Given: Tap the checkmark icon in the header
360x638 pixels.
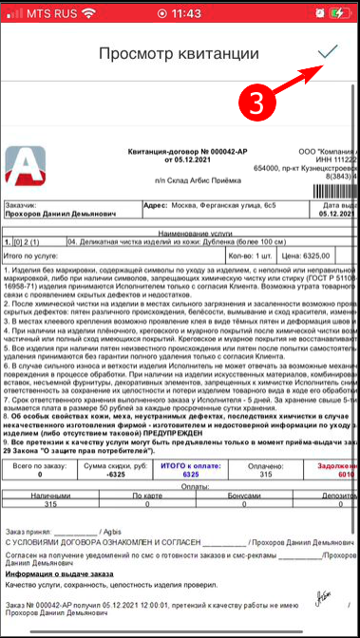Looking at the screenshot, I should coord(329,52).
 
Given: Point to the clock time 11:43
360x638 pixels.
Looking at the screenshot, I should coord(180,14).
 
